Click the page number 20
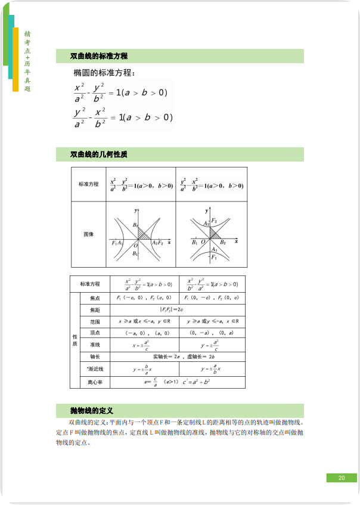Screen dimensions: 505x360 coord(342,478)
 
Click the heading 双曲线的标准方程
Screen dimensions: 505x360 coord(99,56)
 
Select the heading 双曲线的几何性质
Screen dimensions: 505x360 coord(99,155)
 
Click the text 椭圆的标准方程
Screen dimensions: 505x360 coord(104,73)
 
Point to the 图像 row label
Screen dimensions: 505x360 coord(88,234)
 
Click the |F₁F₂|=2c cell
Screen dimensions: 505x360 coord(172,309)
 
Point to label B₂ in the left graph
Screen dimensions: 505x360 coord(136,225)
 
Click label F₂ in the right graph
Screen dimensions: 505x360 coord(214,221)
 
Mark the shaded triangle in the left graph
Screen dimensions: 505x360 coord(142,234)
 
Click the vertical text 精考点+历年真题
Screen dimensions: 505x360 coord(27,61)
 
